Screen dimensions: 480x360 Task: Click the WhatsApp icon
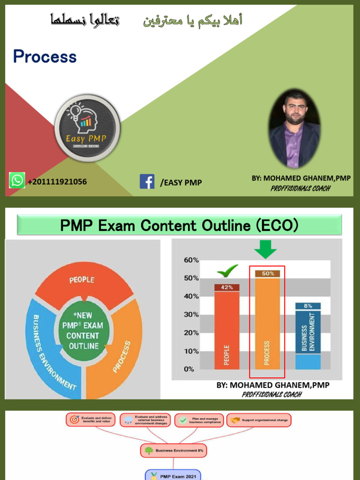17,180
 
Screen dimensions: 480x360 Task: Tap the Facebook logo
147,181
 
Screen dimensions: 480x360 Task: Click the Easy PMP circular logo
87,127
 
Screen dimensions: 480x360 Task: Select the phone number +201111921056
57,181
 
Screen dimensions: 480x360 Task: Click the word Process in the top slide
45,57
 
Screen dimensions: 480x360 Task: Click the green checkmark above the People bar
227,271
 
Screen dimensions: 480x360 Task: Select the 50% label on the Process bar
268,273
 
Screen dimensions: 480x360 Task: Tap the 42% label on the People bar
227,287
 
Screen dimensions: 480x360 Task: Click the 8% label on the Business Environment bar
308,306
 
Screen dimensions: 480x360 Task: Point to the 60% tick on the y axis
191,260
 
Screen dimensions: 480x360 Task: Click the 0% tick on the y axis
189,369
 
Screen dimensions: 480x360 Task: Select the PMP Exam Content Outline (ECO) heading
180,225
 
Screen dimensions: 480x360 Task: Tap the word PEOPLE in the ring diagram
82,280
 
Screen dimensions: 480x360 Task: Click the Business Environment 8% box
173,450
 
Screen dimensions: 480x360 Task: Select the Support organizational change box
259,420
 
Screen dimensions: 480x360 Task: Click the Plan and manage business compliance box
199,420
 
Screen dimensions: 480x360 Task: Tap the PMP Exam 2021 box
173,475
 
